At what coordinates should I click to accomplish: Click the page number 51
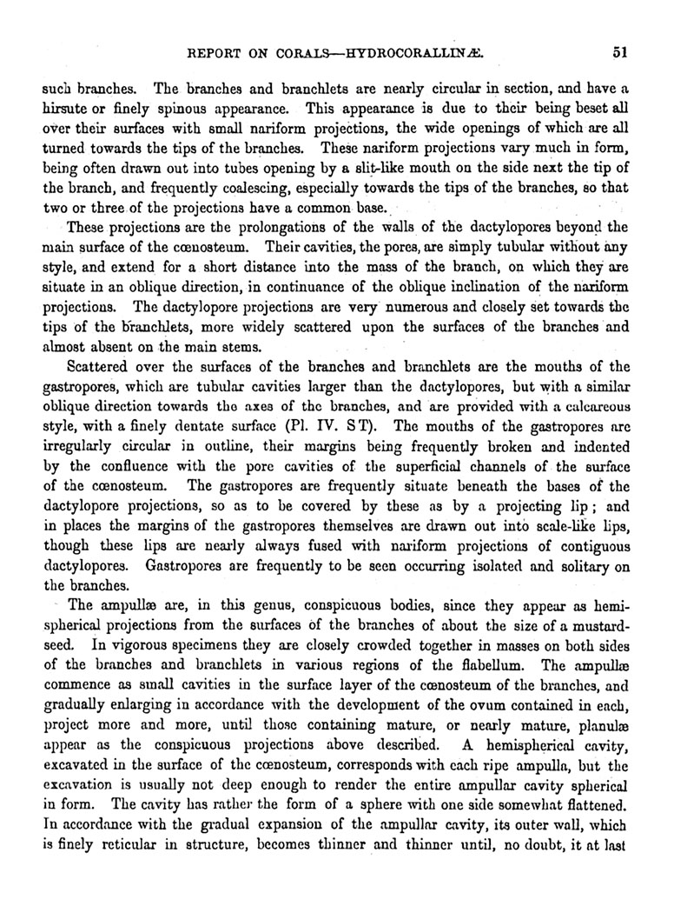[618, 51]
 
